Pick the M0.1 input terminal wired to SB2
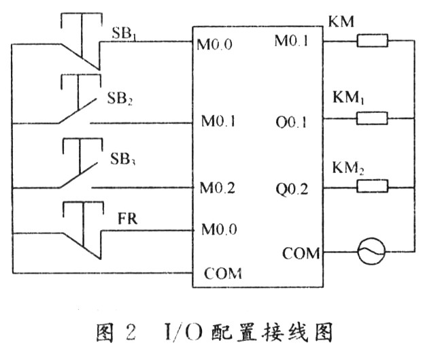click(218, 123)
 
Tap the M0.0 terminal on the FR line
click(218, 230)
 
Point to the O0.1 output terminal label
click(293, 123)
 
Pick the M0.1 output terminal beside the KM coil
click(291, 42)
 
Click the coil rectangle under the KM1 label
click(372, 118)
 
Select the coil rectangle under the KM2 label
click(372, 184)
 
